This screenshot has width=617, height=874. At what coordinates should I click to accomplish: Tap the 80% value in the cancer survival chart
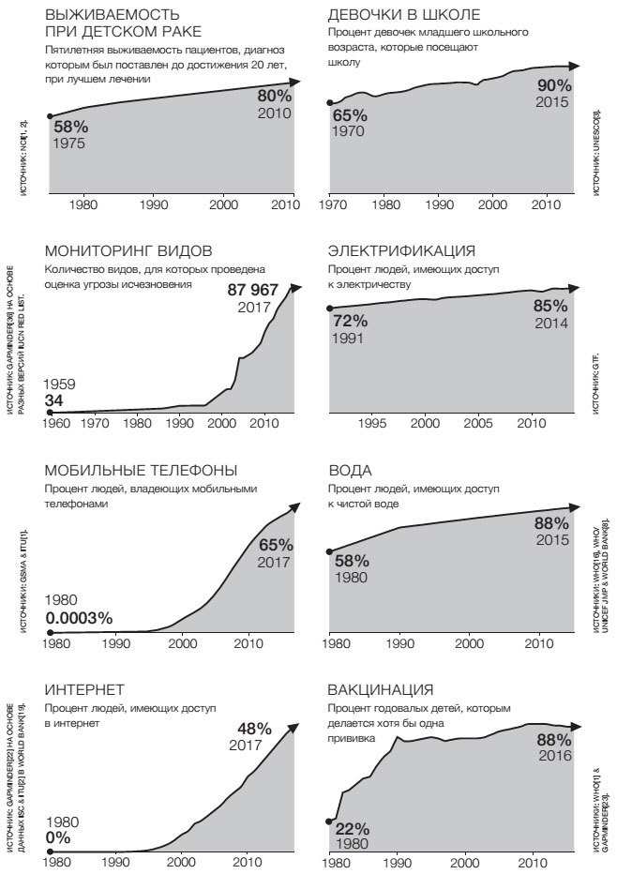pyautogui.click(x=275, y=95)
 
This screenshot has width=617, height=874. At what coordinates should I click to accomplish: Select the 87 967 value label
pyautogui.click(x=252, y=290)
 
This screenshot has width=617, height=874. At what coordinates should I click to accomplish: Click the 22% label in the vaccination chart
pyautogui.click(x=353, y=829)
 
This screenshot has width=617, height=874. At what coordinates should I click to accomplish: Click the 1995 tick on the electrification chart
pyautogui.click(x=373, y=423)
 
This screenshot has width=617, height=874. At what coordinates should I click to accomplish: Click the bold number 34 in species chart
pyautogui.click(x=55, y=401)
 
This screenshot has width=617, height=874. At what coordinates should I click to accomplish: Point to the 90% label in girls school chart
pyautogui.click(x=553, y=85)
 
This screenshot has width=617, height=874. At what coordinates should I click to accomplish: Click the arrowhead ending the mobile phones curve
pyautogui.click(x=295, y=507)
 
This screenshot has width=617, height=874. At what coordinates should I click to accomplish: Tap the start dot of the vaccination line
pyautogui.click(x=330, y=821)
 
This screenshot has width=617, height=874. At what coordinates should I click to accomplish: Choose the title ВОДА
pyautogui.click(x=350, y=470)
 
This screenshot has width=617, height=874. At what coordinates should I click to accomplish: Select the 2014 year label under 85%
pyautogui.click(x=551, y=323)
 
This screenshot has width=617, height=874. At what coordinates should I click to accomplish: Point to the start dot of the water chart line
pyautogui.click(x=330, y=550)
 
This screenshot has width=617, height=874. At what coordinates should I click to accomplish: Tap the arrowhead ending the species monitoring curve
pyautogui.click(x=295, y=287)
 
